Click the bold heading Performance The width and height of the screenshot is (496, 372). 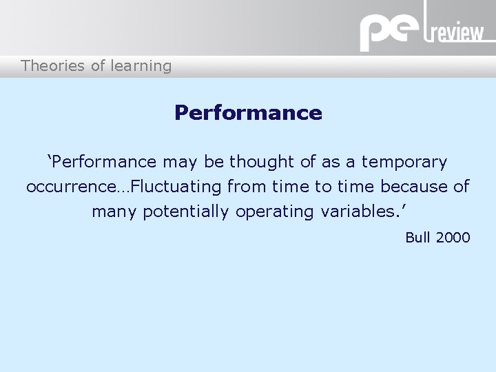pos(248,112)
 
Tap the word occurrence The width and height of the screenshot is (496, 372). pos(72,187)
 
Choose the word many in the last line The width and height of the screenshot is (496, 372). pos(114,211)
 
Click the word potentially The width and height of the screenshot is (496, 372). pos(187,211)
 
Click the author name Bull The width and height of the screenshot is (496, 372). pos(417,238)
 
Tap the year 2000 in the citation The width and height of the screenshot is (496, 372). pos(453,238)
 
